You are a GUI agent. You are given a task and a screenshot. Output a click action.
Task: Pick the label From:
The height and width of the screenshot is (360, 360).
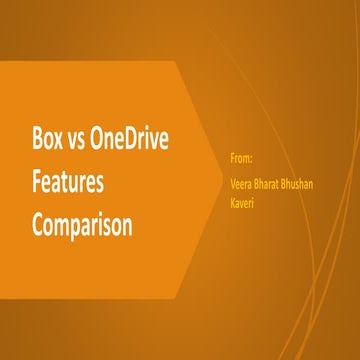(239, 157)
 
